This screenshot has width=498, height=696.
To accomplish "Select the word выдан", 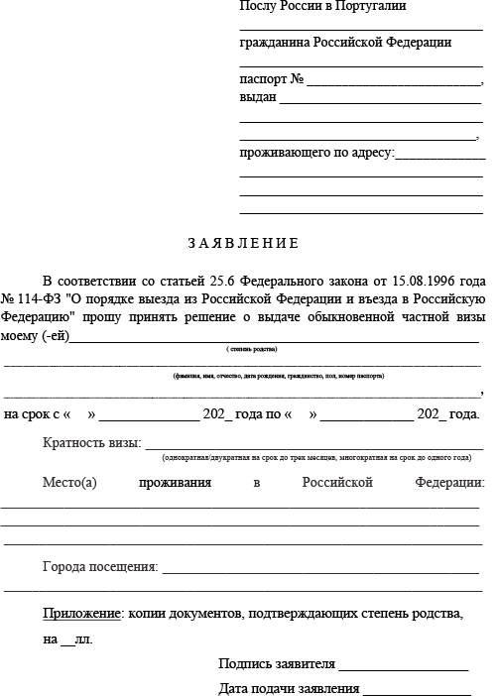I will click(x=258, y=97).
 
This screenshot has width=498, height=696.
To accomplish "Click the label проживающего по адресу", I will click(x=316, y=153).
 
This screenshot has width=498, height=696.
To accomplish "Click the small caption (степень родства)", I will click(x=252, y=350).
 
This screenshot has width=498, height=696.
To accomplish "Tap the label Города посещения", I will click(x=100, y=567).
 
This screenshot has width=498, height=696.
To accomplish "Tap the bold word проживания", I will click(x=176, y=483).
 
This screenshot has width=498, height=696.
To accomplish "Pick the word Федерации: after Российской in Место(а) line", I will click(x=450, y=483).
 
